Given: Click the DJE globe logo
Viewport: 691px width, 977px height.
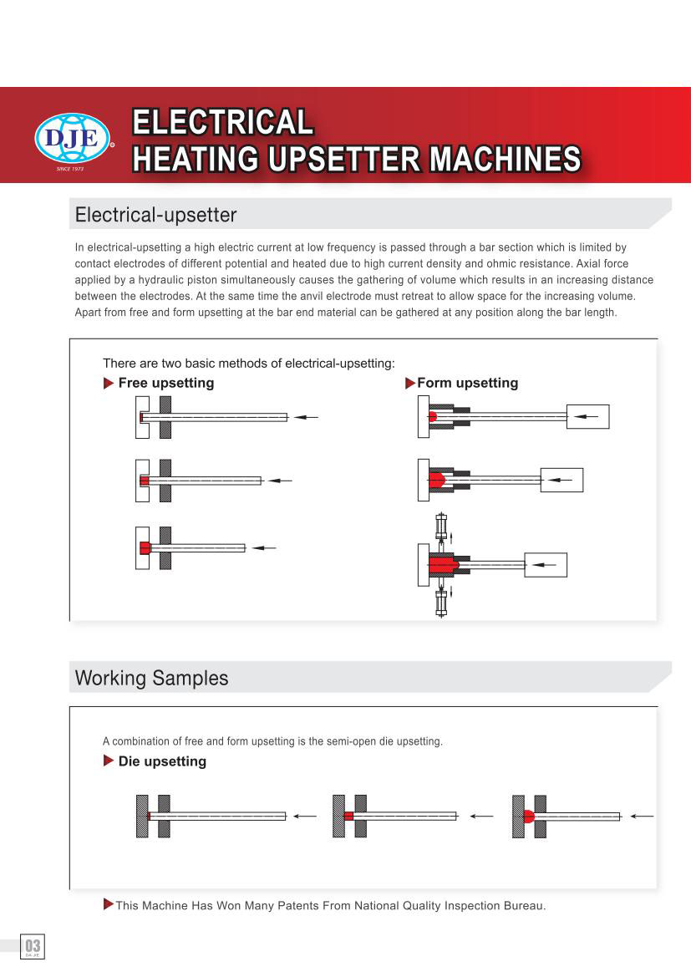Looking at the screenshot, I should pyautogui.click(x=73, y=140).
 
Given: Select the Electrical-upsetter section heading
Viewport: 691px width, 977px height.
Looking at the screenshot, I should pyautogui.click(x=155, y=215).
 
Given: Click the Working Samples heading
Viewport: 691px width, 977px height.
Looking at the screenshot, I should pyautogui.click(x=151, y=678).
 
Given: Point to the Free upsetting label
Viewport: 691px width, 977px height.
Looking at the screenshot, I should pyautogui.click(x=165, y=383).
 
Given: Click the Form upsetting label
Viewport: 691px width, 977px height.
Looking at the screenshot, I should pyautogui.click(x=467, y=383).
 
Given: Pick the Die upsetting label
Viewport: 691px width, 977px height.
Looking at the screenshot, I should pyautogui.click(x=162, y=761).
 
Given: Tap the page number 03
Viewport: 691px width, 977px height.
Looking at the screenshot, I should pyautogui.click(x=33, y=946).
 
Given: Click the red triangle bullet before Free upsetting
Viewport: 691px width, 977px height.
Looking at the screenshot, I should pyautogui.click(x=109, y=383).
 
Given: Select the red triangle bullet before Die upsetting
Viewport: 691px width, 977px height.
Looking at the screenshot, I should pyautogui.click(x=109, y=761).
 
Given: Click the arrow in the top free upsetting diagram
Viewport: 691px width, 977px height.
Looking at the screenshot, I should pyautogui.click(x=306, y=417).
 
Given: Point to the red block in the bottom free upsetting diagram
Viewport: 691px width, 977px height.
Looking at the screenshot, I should pyautogui.click(x=145, y=547).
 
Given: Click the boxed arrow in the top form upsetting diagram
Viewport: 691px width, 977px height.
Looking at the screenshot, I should pyautogui.click(x=587, y=416).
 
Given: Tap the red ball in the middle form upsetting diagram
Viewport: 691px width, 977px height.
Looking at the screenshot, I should pyautogui.click(x=436, y=480).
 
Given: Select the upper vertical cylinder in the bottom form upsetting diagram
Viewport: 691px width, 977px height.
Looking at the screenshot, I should pyautogui.click(x=441, y=526).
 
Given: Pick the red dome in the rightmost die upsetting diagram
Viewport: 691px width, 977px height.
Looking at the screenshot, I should pyautogui.click(x=528, y=816).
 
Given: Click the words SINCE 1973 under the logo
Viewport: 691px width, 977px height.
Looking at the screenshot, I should pyautogui.click(x=70, y=170).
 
